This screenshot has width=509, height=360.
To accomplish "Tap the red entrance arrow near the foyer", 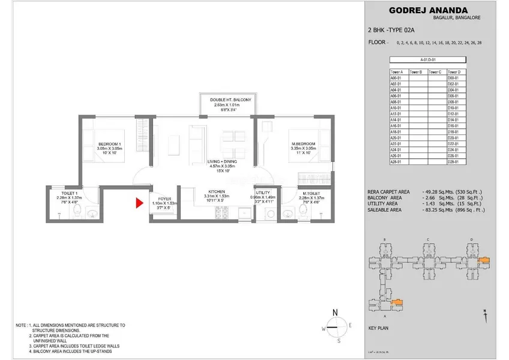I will pyautogui.click(x=139, y=203).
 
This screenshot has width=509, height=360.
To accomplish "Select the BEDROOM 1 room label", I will pyautogui.click(x=110, y=144).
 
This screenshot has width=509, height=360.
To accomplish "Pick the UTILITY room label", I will pyautogui.click(x=263, y=191).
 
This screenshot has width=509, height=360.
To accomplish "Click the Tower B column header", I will pyautogui.click(x=417, y=72).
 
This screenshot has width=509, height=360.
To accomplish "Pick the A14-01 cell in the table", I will pyautogui.click(x=396, y=119).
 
